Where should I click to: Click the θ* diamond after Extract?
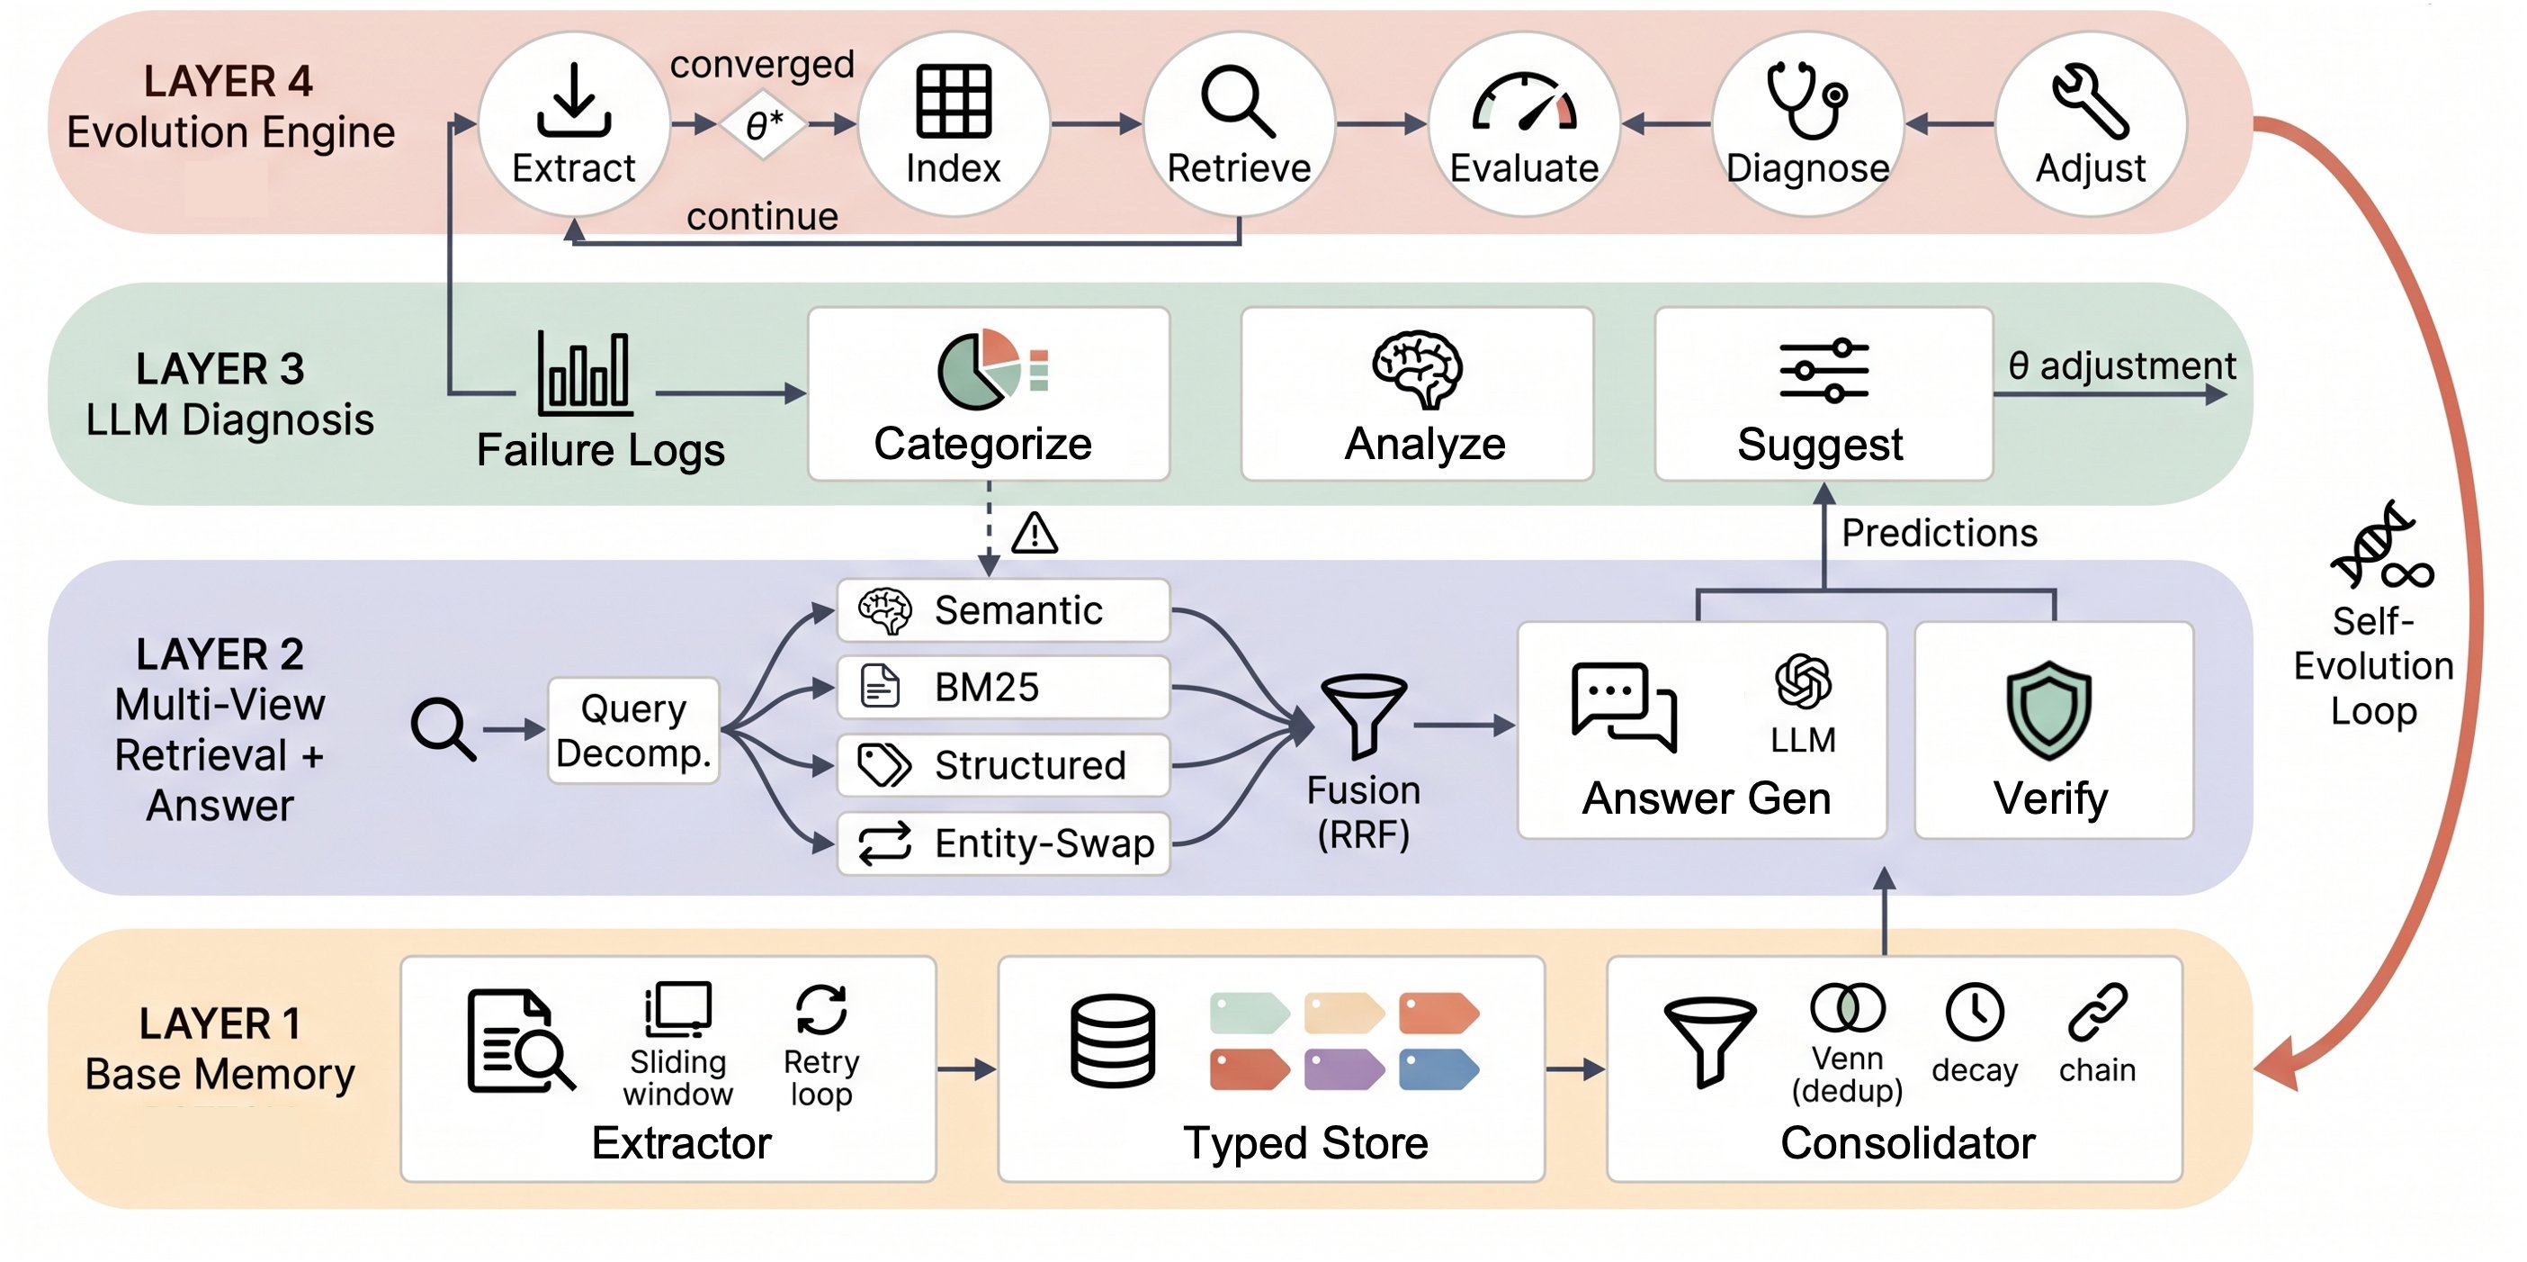pyautogui.click(x=762, y=124)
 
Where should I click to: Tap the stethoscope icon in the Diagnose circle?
pyautogui.click(x=1807, y=100)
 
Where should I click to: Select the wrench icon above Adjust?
pyautogui.click(x=2091, y=100)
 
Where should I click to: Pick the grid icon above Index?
pyautogui.click(x=954, y=100)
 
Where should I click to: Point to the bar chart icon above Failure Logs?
pyautogui.click(x=585, y=373)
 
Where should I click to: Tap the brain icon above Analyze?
pyautogui.click(x=1418, y=369)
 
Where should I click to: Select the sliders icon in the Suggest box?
pyautogui.click(x=1824, y=371)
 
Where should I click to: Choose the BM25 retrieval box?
pyautogui.click(x=1002, y=687)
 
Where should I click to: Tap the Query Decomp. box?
pyautogui.click(x=633, y=731)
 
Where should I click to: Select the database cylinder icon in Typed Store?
pyautogui.click(x=1113, y=1041)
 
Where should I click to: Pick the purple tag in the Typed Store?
pyautogui.click(x=1344, y=1069)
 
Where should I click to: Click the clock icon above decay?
pyautogui.click(x=1975, y=1012)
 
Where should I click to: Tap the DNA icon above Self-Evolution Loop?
pyautogui.click(x=2382, y=545)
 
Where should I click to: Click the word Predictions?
pyautogui.click(x=1940, y=533)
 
